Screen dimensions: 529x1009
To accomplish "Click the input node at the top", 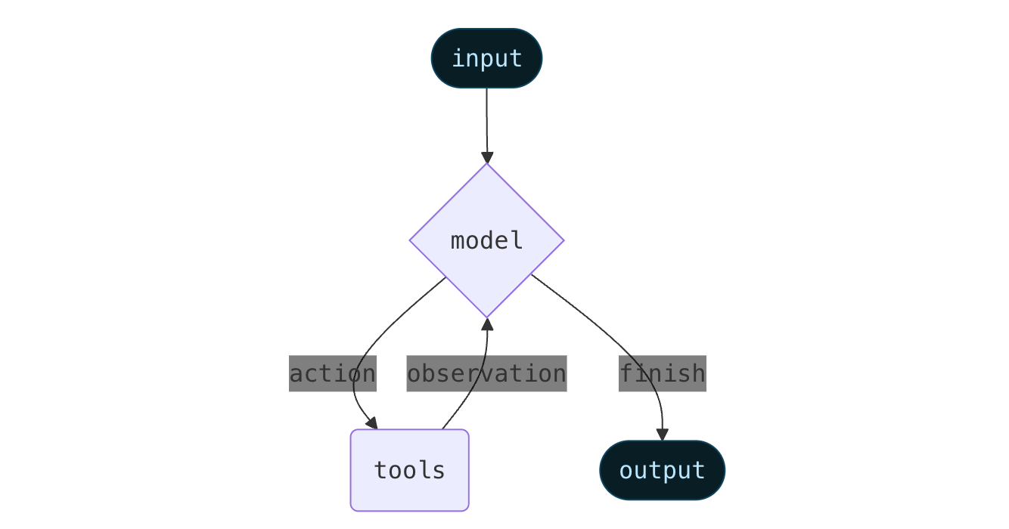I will click(x=486, y=58).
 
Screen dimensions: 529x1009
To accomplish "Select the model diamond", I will click(x=486, y=240).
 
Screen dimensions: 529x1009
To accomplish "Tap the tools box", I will click(x=409, y=470).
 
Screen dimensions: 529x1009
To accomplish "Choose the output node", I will click(x=662, y=470).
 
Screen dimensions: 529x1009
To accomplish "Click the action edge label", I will click(x=332, y=373).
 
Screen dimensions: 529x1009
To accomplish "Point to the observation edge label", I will click(x=486, y=373).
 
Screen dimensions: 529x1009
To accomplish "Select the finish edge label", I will click(x=662, y=373).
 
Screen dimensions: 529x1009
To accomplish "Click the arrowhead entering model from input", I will click(x=486, y=157).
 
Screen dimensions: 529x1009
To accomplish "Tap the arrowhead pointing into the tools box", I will click(x=371, y=423).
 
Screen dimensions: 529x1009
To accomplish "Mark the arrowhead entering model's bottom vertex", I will click(x=487, y=324).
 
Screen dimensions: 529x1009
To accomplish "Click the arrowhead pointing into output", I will click(x=662, y=435).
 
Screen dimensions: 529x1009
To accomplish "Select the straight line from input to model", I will click(x=486, y=121).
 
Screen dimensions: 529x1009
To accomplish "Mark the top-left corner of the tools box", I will click(x=352, y=432).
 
